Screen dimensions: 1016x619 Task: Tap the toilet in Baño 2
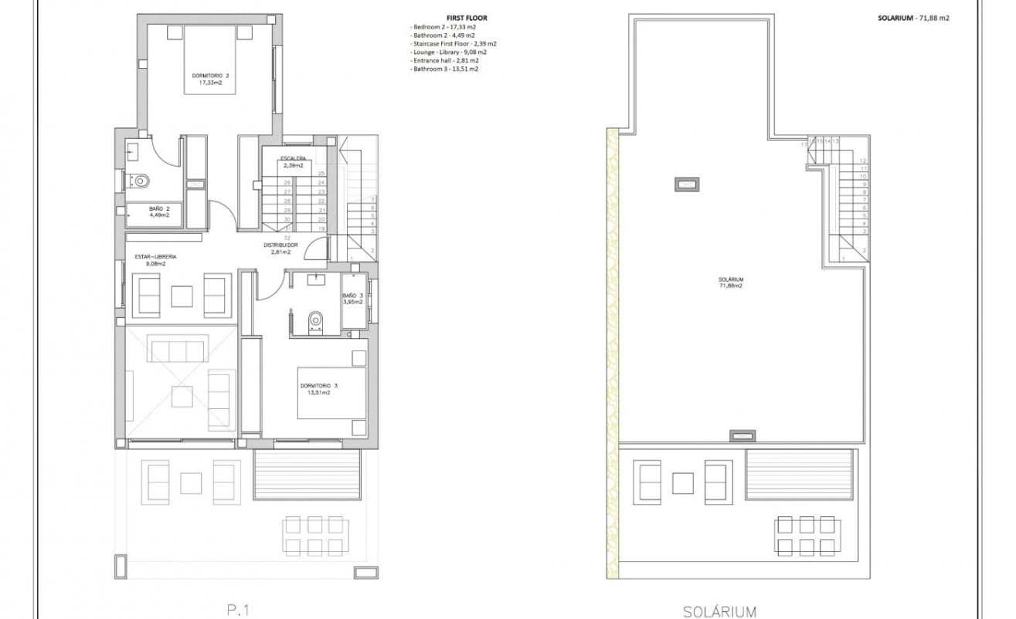pos(140,181)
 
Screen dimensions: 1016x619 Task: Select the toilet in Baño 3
pos(315,320)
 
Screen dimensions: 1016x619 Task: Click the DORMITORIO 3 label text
pos(319,388)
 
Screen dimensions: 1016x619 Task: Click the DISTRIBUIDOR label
pos(280,248)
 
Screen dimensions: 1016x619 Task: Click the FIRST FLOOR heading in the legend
pos(467,18)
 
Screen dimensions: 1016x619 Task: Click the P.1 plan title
pos(239,610)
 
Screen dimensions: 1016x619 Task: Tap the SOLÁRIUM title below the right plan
pos(719,611)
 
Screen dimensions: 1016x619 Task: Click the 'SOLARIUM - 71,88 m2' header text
pos(912,17)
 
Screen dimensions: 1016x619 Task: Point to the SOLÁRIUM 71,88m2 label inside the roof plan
pos(730,282)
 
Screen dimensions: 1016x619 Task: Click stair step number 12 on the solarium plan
pos(862,160)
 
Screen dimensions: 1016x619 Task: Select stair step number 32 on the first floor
pos(267,238)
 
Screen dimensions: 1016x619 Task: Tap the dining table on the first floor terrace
pos(314,535)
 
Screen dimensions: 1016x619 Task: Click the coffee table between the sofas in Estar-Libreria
pos(182,297)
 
